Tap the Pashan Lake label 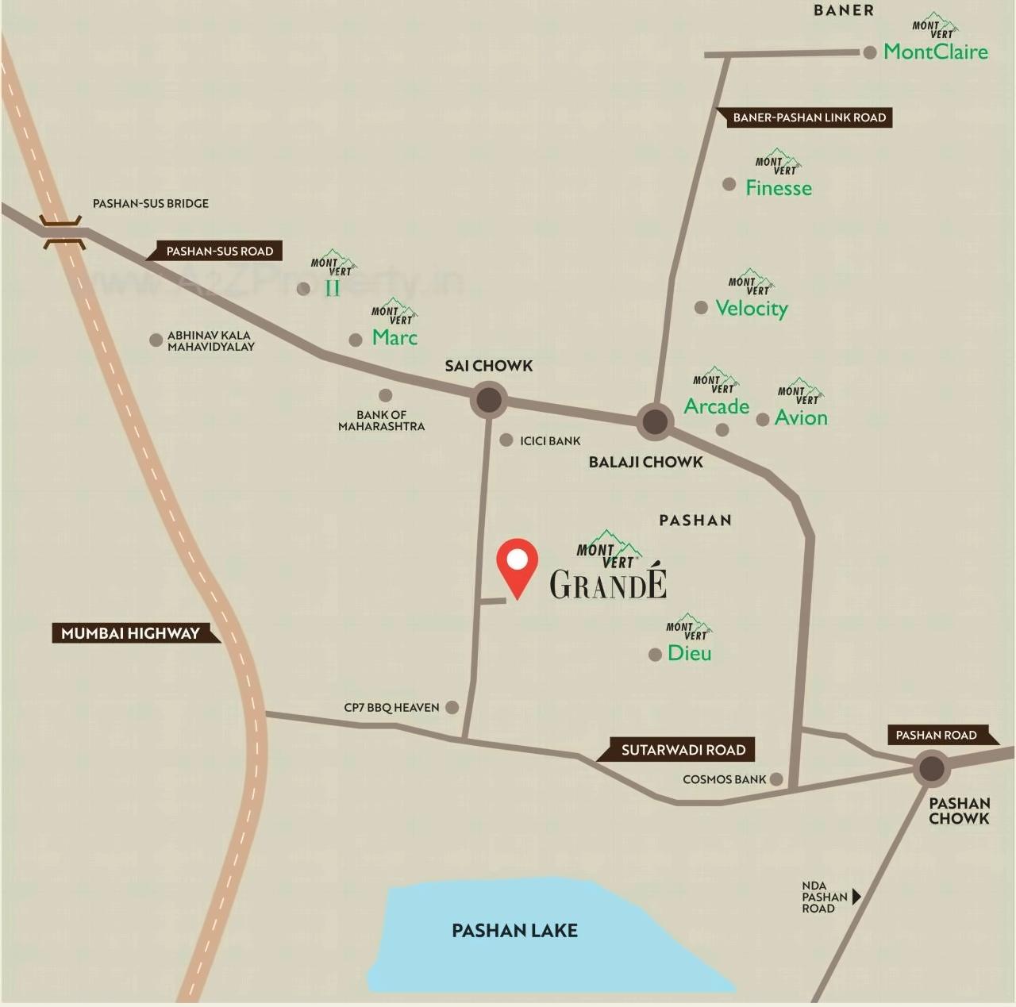(514, 931)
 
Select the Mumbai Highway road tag (131, 633)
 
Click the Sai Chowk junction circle (489, 400)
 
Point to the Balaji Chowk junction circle (655, 421)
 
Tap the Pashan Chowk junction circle (931, 768)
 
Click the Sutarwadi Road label (683, 750)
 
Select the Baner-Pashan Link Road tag (809, 117)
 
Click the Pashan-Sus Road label (219, 252)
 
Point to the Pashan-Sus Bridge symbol (63, 231)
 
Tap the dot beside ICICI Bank (506, 440)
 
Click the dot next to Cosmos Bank (776, 779)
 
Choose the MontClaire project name (936, 52)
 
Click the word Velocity (751, 308)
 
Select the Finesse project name (779, 188)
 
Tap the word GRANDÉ (608, 586)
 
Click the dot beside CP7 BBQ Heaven (452, 707)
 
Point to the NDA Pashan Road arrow (856, 897)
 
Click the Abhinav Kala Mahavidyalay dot (156, 340)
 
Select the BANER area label (844, 10)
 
